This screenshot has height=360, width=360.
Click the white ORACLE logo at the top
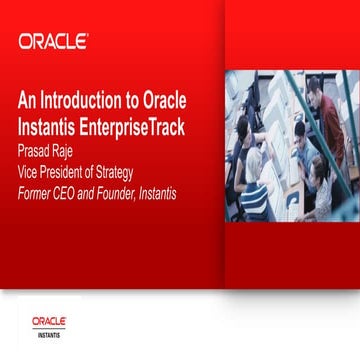(53, 41)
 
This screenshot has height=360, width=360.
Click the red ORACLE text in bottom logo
(49, 321)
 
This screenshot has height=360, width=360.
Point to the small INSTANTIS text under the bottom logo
(49, 332)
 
